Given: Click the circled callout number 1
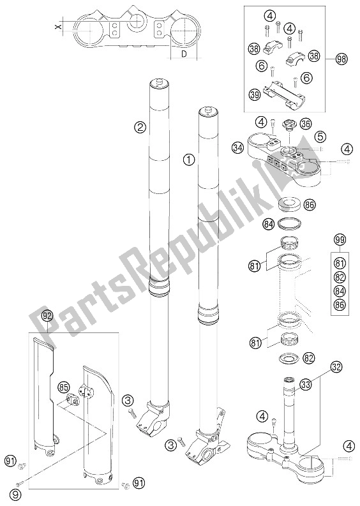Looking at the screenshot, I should point(188,160).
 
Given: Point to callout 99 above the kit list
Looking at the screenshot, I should point(340,240).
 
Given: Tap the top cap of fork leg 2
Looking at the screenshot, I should point(156,83).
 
